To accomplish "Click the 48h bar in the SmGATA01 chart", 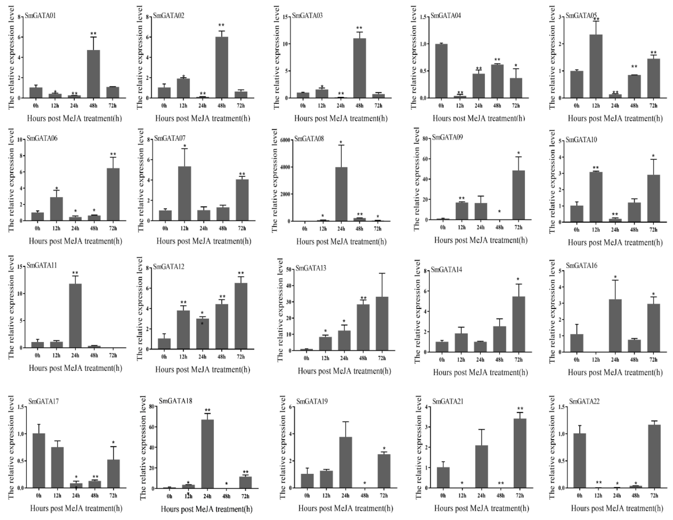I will pyautogui.click(x=94, y=74).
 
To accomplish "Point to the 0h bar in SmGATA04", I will pyautogui.click(x=441, y=71).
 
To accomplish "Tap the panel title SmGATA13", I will pyautogui.click(x=311, y=268).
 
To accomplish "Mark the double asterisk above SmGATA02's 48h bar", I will pyautogui.click(x=221, y=25).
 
